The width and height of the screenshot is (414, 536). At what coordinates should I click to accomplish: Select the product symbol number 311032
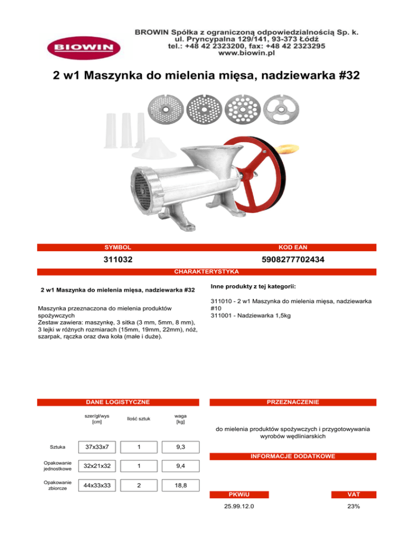click(x=118, y=259)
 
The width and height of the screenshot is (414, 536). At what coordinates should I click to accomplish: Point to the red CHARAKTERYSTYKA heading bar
click(x=207, y=271)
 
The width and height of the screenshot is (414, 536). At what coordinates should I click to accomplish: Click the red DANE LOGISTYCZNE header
click(x=118, y=402)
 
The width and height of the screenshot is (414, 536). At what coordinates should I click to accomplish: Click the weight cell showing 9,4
click(x=181, y=466)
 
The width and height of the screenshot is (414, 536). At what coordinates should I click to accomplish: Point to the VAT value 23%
click(x=353, y=506)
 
